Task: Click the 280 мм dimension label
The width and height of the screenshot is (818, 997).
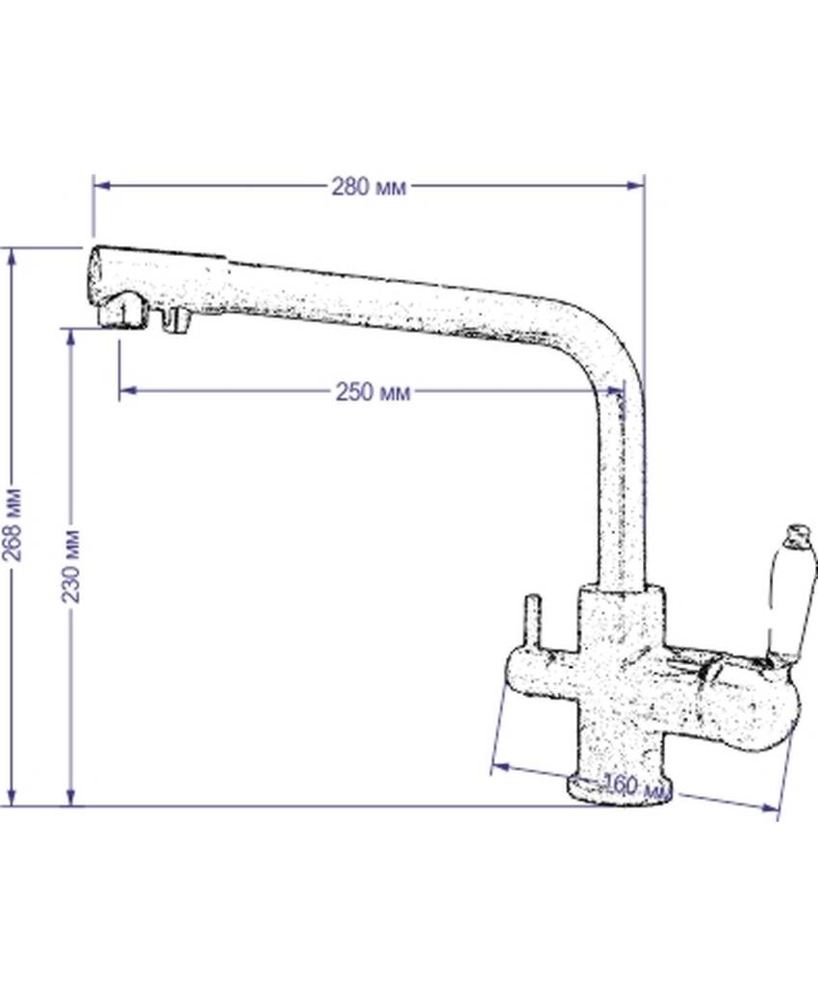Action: point(369,187)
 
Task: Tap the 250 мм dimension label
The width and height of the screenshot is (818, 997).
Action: point(373,392)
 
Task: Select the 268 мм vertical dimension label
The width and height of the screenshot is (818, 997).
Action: point(13,524)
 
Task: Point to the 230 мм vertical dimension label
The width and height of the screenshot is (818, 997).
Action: point(70,565)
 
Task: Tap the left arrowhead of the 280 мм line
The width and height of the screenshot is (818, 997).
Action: point(102,186)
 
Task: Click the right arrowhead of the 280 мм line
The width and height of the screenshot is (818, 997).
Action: point(635,186)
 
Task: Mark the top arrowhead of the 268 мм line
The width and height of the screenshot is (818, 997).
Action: point(11,257)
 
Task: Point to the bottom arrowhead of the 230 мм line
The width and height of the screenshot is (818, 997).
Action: point(70,797)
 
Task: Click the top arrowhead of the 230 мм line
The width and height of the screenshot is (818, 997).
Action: point(70,338)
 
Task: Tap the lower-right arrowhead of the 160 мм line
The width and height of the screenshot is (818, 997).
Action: point(770,807)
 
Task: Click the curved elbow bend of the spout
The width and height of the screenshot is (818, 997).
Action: point(604,346)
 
